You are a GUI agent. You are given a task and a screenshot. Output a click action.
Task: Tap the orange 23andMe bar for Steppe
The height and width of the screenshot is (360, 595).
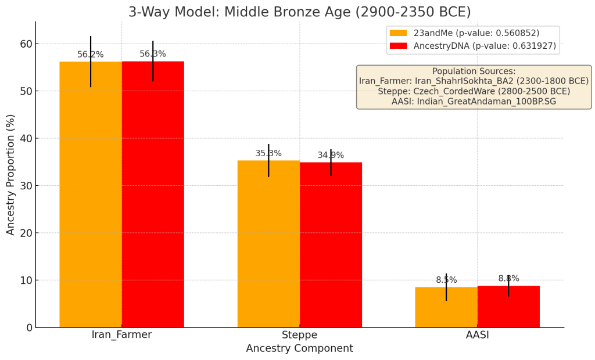tap(268, 244)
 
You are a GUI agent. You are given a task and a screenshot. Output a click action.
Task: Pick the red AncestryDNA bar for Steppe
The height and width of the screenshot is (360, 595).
tap(331, 244)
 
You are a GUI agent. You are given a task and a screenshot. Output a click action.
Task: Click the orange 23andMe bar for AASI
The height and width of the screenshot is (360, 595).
tap(446, 307)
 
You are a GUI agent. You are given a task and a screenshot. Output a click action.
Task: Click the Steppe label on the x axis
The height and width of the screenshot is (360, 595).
tap(299, 335)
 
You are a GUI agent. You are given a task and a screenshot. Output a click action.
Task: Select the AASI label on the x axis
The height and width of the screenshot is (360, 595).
tap(477, 335)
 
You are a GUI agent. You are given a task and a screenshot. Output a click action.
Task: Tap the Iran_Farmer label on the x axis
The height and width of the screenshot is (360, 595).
tap(121, 335)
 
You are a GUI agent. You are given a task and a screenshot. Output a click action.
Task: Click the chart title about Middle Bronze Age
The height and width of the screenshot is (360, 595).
tap(299, 12)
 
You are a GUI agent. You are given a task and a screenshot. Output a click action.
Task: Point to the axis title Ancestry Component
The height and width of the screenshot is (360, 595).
tap(299, 348)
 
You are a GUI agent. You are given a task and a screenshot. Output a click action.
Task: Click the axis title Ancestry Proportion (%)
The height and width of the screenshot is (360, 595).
tap(10, 174)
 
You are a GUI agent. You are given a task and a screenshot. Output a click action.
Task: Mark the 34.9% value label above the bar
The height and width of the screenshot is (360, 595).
tap(331, 155)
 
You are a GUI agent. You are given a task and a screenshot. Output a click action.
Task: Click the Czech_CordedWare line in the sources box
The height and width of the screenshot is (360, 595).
tap(474, 91)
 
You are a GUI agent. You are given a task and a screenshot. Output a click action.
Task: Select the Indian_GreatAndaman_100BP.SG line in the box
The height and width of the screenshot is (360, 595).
tap(474, 102)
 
